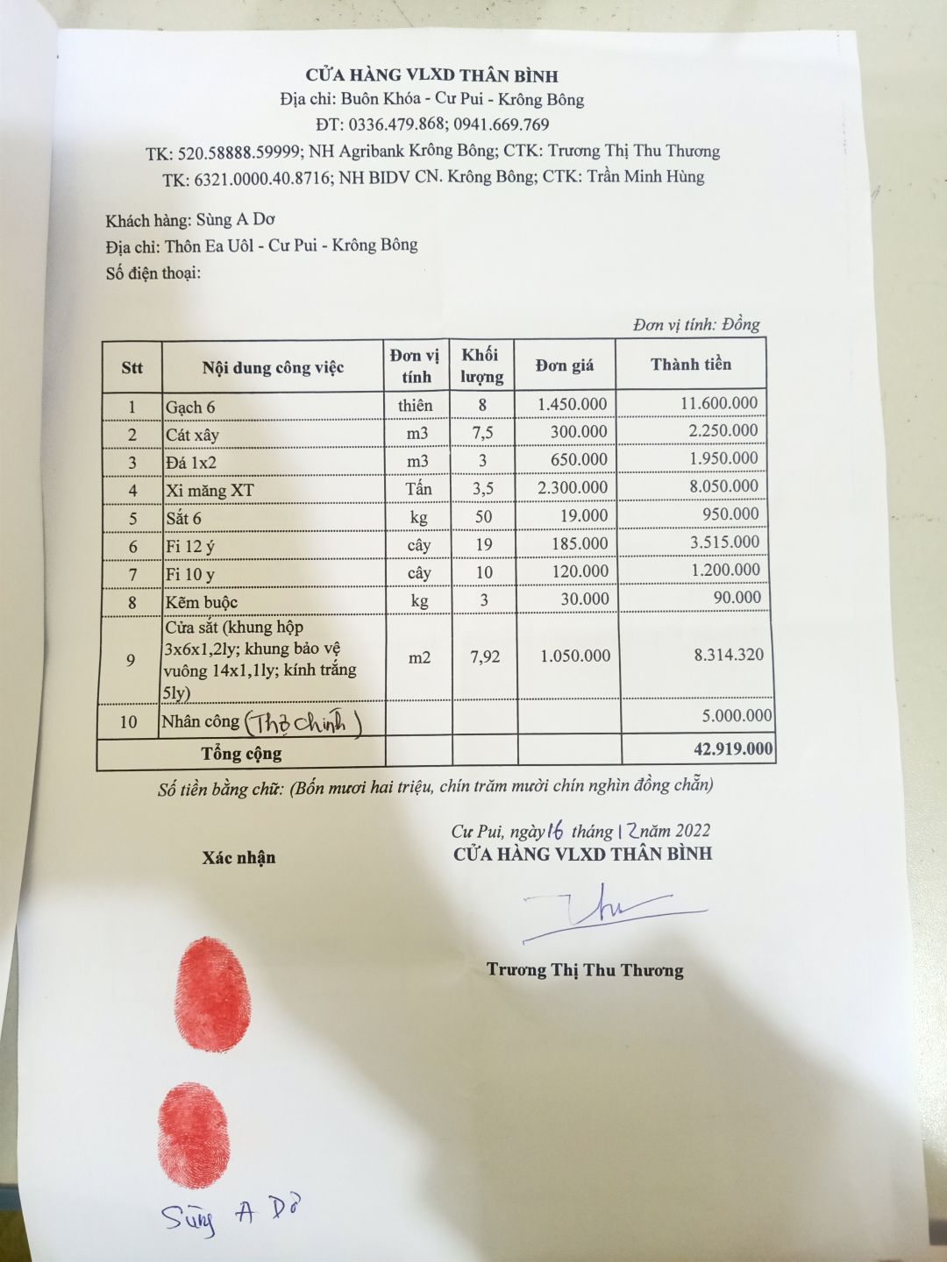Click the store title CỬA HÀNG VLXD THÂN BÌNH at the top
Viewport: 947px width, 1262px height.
431,75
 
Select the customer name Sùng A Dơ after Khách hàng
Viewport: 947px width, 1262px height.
235,219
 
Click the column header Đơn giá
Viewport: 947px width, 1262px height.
565,365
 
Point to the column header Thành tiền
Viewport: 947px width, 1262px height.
690,364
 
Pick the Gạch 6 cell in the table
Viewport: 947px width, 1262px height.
190,407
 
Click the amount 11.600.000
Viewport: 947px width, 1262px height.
719,403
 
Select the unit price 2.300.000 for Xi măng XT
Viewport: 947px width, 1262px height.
573,486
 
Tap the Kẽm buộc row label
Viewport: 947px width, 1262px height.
201,602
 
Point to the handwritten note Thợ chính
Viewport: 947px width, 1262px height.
303,723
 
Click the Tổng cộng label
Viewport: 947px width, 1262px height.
241,754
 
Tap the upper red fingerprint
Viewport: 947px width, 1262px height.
213,994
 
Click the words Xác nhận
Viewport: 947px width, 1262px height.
239,858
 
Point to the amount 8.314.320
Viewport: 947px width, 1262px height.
728,655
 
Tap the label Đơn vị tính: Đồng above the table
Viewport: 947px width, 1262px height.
695,324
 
